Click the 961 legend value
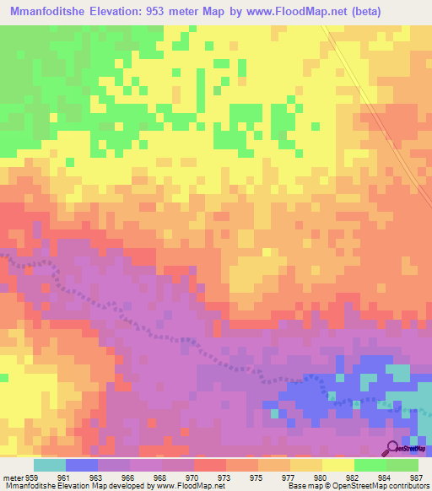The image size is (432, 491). [x=74, y=477]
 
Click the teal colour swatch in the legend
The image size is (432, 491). [x=50, y=465]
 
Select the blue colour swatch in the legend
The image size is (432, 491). [x=82, y=465]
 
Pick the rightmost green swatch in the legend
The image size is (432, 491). [x=402, y=465]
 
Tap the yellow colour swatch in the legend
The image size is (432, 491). [x=338, y=465]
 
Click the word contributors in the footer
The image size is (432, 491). [x=409, y=486]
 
